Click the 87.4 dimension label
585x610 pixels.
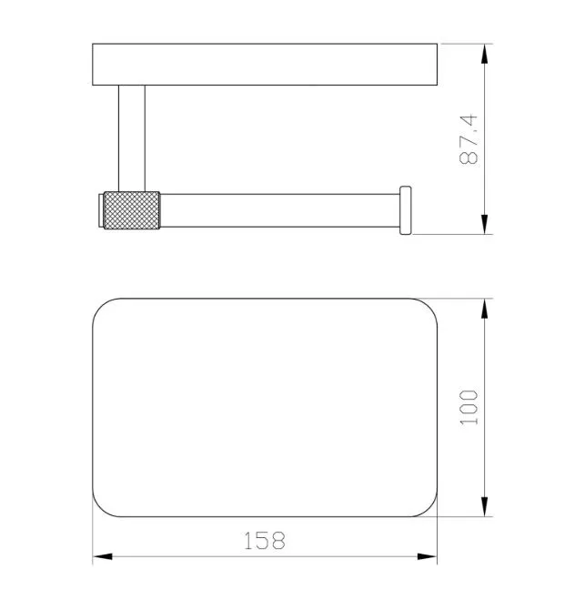[469, 139]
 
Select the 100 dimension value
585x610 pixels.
[469, 407]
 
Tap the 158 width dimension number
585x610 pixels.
[265, 541]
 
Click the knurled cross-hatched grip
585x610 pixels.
[132, 210]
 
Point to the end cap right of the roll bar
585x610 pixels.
[406, 210]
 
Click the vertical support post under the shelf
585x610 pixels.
[132, 138]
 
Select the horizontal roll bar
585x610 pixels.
[280, 210]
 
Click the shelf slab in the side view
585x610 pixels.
[265, 65]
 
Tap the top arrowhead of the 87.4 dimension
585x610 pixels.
[484, 54]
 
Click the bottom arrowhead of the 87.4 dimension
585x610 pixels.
[484, 225]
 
